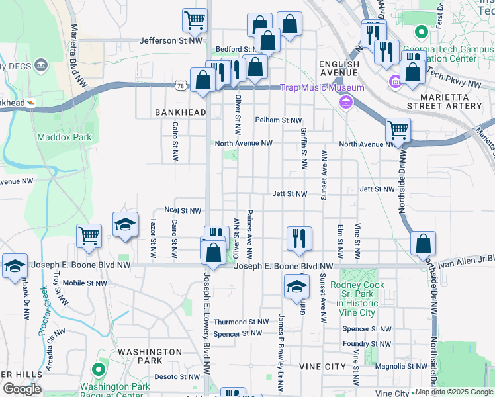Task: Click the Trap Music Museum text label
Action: [x=322, y=88]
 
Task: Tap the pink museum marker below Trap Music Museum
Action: [x=345, y=103]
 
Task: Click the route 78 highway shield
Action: [x=181, y=85]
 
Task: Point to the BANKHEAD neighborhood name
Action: [x=181, y=113]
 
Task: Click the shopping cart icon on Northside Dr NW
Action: [x=397, y=130]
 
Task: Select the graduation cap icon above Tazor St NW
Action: [x=125, y=224]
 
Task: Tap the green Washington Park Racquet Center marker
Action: [x=99, y=369]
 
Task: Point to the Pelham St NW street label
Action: [x=279, y=120]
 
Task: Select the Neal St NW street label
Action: [x=183, y=210]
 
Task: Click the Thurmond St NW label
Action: [x=241, y=322]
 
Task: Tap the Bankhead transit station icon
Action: [x=30, y=103]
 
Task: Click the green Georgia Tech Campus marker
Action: [x=420, y=32]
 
